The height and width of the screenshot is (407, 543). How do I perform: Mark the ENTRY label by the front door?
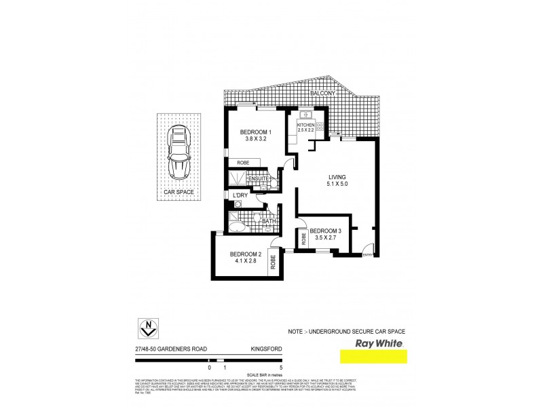click(367, 255)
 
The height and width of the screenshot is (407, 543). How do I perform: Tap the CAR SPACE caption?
click(179, 192)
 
